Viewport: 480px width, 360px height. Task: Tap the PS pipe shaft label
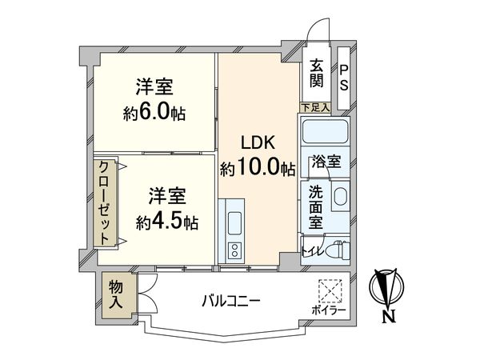(x=343, y=77)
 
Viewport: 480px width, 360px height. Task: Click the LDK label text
(x=258, y=144)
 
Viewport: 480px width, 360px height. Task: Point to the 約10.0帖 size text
(x=258, y=169)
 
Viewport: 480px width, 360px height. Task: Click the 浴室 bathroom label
(x=326, y=160)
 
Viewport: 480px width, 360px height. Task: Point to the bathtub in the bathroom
(x=323, y=132)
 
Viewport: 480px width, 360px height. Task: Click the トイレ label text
(x=311, y=251)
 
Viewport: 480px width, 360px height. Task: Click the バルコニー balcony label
(x=230, y=301)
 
